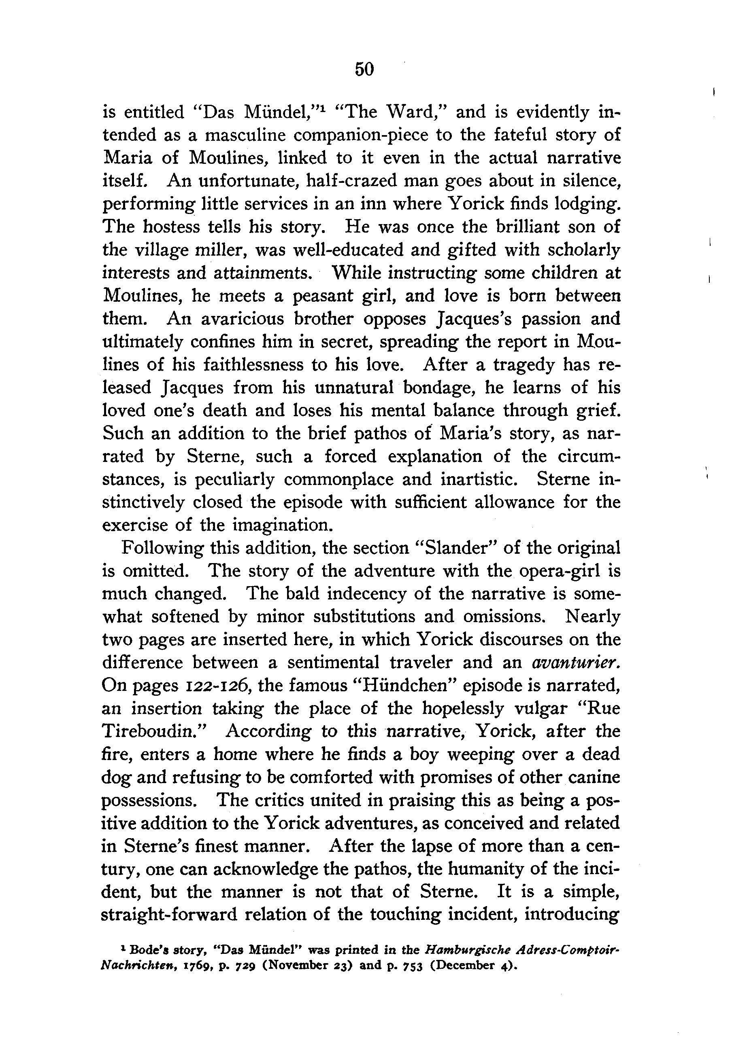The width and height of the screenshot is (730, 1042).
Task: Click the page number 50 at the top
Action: (364, 69)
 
